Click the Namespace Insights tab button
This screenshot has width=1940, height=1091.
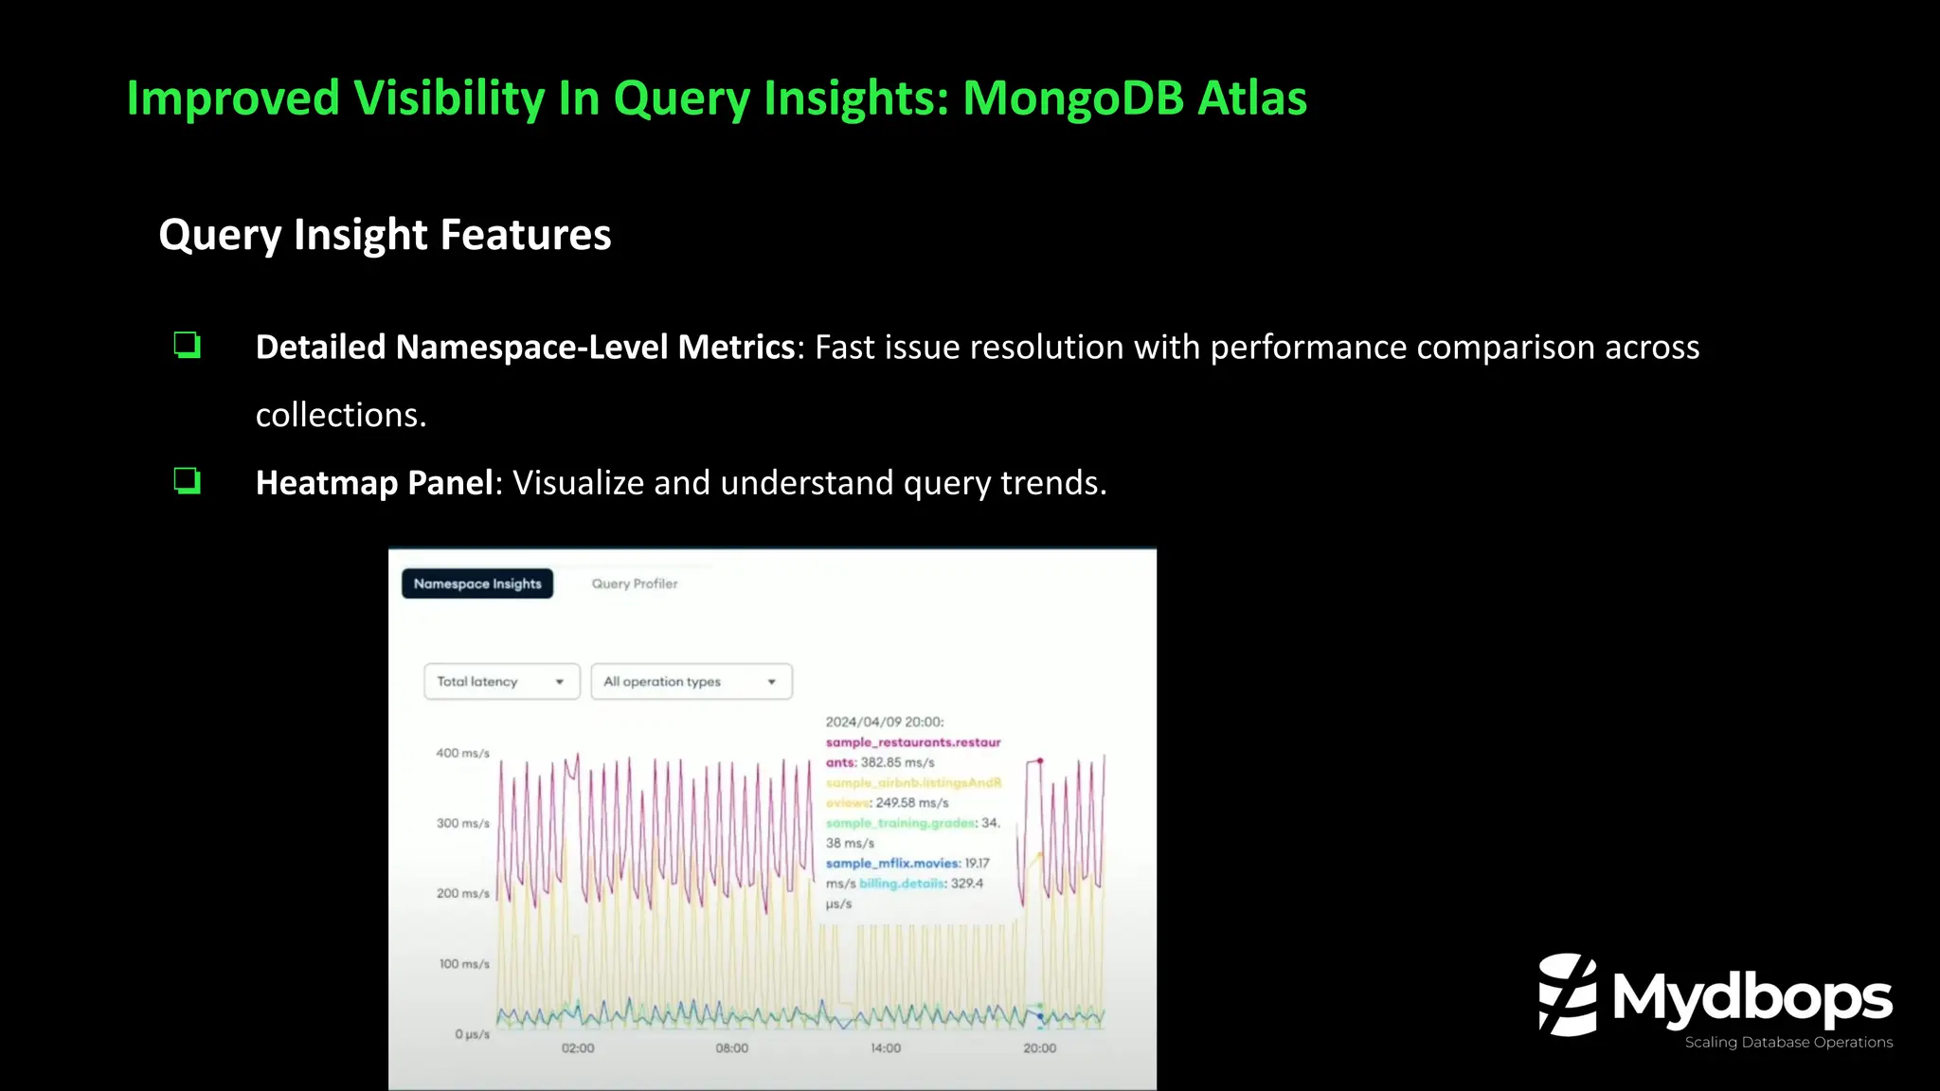[x=477, y=583]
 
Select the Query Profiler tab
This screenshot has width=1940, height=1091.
[x=635, y=583]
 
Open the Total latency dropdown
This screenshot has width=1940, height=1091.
[x=501, y=681]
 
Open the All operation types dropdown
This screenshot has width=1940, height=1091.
[x=691, y=681]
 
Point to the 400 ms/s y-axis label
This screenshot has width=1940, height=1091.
[x=462, y=753]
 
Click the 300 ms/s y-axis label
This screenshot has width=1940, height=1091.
[x=462, y=823]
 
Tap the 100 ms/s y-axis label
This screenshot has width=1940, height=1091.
[x=463, y=963]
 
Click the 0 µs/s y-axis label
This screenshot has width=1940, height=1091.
[x=472, y=1034]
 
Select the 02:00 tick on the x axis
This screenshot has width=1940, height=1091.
[x=578, y=1047]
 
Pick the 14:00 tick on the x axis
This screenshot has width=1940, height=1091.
[x=886, y=1047]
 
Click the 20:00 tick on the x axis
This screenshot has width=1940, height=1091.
[x=1039, y=1047]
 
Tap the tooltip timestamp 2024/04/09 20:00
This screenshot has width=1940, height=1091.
[x=884, y=722]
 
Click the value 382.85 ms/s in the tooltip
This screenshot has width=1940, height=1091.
[x=897, y=762]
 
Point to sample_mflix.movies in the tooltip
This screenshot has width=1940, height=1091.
[x=891, y=863]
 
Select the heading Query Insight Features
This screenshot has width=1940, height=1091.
[x=385, y=235]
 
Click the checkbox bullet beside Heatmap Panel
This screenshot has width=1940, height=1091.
[x=187, y=480]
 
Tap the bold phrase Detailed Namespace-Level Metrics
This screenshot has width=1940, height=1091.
[x=525, y=348]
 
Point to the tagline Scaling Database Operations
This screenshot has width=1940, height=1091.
[x=1788, y=1042]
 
